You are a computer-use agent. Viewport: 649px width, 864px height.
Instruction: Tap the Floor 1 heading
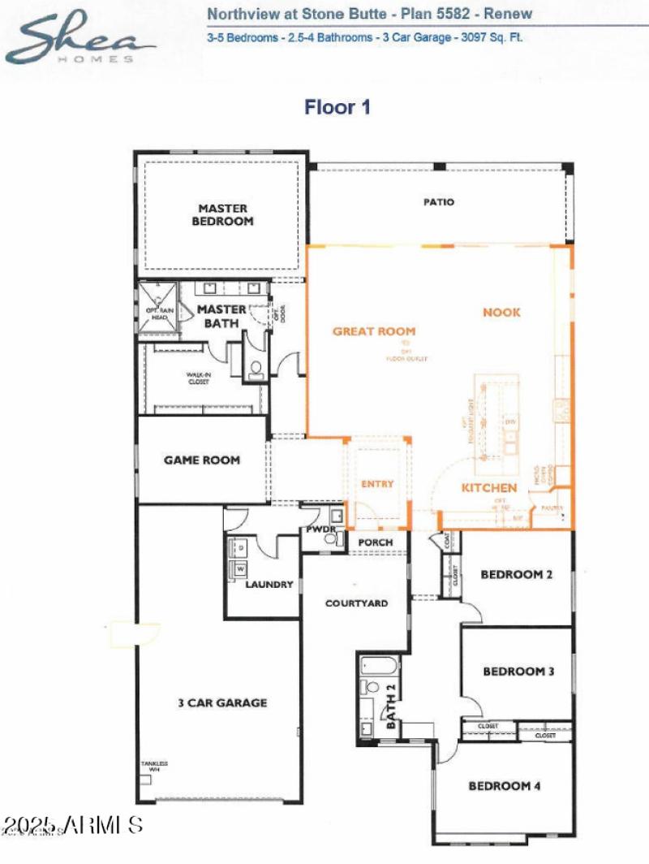[x=337, y=107]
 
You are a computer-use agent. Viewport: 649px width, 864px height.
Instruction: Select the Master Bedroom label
[x=223, y=214]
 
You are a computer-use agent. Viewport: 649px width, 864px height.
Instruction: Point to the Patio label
[x=439, y=202]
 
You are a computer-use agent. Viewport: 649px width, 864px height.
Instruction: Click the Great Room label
[x=374, y=331]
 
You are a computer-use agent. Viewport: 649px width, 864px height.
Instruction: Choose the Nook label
[x=501, y=313]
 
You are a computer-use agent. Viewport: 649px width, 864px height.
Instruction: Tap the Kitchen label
[x=489, y=488]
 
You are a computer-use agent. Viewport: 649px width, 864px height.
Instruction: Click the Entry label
[x=377, y=484]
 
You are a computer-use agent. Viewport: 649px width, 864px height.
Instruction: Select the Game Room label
[x=202, y=460]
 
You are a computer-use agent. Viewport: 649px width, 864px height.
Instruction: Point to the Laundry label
[x=269, y=584]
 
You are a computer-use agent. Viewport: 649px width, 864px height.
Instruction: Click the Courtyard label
[x=356, y=603]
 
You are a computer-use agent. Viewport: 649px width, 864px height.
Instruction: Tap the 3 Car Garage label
[x=223, y=702]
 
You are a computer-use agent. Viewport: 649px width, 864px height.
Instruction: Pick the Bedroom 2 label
[x=517, y=575]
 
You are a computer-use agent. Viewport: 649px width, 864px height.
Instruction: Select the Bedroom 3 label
[x=518, y=672]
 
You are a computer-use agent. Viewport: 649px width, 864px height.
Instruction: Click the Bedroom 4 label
[x=505, y=786]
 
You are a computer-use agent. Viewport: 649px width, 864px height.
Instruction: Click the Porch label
[x=375, y=542]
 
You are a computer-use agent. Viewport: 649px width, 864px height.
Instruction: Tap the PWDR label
[x=316, y=529]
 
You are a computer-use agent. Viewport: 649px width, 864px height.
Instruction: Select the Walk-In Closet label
[x=198, y=377]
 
